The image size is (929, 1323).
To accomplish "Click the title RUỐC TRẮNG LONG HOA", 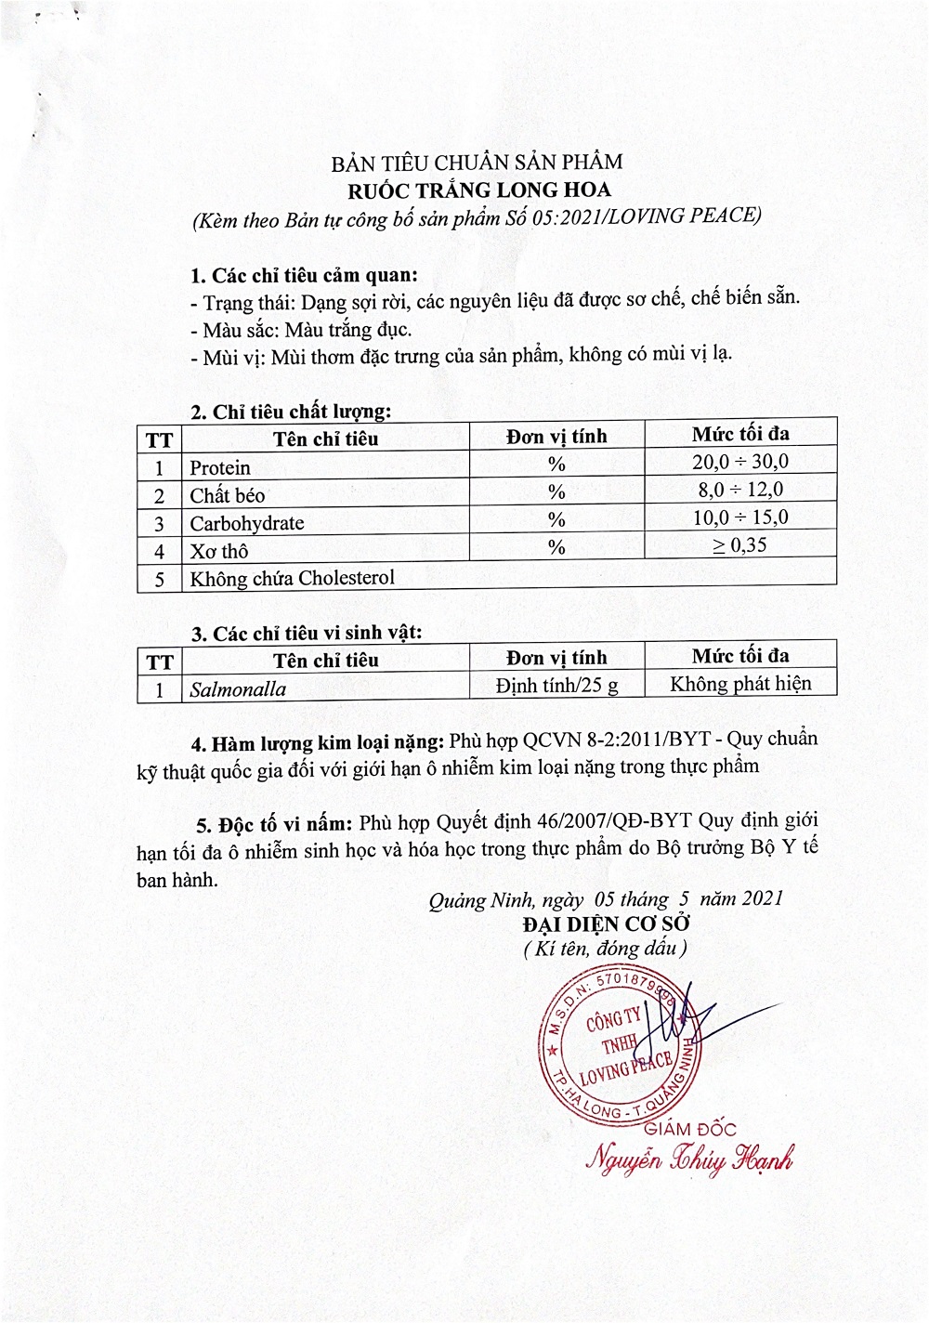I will [x=479, y=190].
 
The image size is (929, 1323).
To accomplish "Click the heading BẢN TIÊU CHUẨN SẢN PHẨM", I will [x=477, y=164].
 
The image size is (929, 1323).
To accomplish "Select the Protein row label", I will [x=220, y=467].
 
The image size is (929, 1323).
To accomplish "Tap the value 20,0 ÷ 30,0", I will [x=739, y=462].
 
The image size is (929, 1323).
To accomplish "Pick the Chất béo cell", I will [x=228, y=495].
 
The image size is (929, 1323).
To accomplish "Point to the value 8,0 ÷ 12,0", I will [x=739, y=490].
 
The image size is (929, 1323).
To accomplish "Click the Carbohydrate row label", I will [x=247, y=523].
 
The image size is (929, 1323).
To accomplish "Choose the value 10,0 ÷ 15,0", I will [x=739, y=517].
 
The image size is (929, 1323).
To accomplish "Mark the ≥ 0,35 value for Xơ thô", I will [x=739, y=545].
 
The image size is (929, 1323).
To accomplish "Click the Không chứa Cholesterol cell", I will [x=293, y=578].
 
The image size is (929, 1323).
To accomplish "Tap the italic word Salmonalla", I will [x=238, y=689].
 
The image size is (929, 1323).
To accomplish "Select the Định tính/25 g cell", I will [x=556, y=686].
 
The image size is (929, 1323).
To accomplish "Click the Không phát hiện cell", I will [x=740, y=684].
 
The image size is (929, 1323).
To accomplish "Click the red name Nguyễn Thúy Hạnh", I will [x=689, y=1159].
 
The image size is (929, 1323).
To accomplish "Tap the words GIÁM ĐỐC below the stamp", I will [x=690, y=1129].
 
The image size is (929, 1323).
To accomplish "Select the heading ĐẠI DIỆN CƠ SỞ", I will [x=606, y=924].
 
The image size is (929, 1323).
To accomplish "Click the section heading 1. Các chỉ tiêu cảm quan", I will [x=304, y=276].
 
